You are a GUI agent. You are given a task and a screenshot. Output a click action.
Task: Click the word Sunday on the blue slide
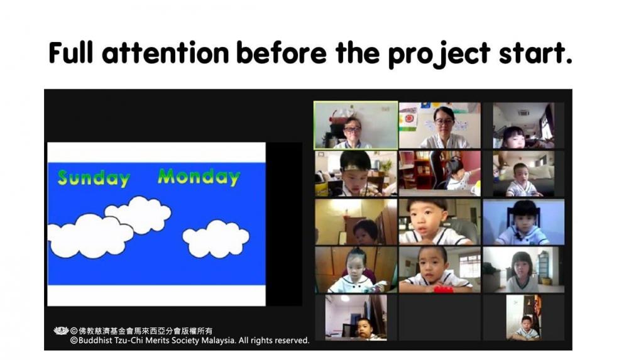point(94,178)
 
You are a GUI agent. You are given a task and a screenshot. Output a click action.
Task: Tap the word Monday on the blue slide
point(199,177)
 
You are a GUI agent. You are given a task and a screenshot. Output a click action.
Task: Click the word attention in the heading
point(165,53)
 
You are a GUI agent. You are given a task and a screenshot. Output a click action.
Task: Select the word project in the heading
point(439,55)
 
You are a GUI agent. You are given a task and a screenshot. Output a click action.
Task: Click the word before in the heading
point(282,53)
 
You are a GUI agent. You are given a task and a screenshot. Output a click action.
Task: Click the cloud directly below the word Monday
point(216,239)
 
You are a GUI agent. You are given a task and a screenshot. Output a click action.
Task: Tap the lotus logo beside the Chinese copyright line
point(61,330)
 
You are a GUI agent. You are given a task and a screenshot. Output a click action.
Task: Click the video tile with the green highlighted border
point(356,126)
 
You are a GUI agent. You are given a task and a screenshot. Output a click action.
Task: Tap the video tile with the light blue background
point(523,222)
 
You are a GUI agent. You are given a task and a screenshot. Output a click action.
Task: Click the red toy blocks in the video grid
point(443,289)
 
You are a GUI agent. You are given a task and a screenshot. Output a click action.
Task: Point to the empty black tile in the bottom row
point(439,317)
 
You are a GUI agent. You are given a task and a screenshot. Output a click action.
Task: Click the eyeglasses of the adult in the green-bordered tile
point(351,129)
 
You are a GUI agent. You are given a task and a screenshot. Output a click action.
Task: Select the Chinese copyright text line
point(141,331)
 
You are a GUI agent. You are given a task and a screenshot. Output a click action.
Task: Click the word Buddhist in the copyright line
point(95,341)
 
